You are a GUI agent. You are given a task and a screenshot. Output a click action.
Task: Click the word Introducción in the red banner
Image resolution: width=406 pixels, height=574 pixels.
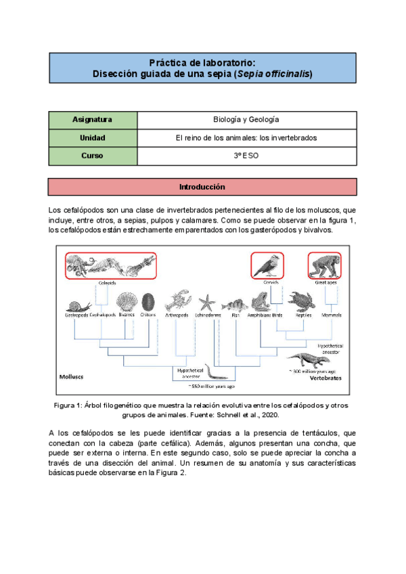coord(202,187)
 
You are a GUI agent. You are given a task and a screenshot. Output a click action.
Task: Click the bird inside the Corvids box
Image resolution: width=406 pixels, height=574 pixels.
coord(267,265)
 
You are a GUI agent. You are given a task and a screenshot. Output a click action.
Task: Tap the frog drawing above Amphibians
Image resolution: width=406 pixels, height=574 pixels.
coord(261,300)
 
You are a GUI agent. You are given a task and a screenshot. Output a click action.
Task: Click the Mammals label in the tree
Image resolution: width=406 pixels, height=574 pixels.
coord(332,315)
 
